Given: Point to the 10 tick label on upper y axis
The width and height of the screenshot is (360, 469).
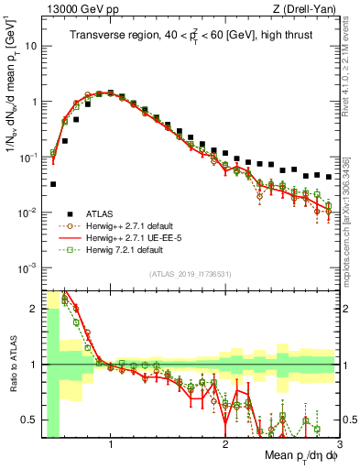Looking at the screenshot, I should tap(30, 46).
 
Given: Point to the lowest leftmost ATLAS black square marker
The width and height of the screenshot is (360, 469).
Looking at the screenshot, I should tap(53, 184).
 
